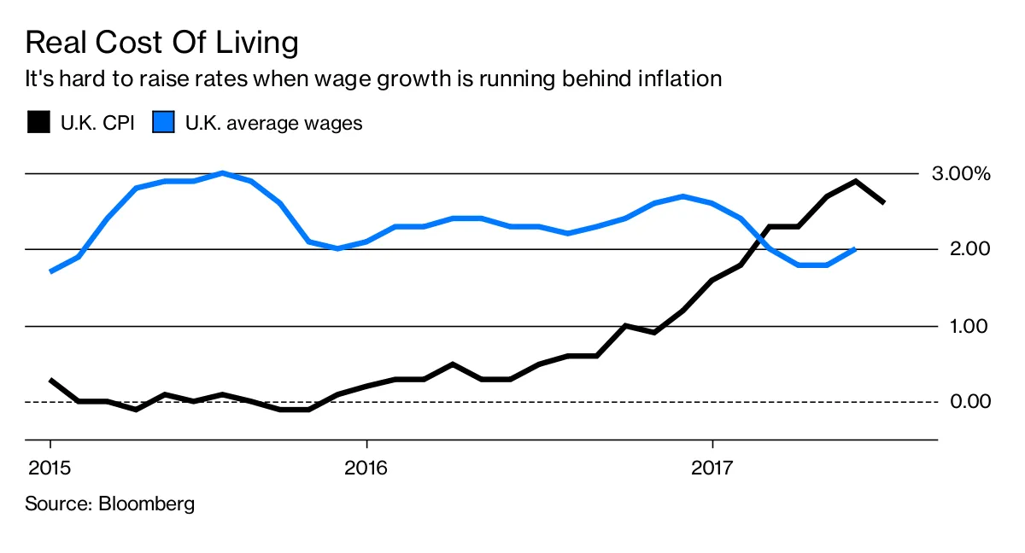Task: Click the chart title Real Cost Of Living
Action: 161,43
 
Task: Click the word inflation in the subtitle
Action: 674,79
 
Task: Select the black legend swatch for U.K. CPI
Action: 38,123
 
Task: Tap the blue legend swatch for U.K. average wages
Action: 163,123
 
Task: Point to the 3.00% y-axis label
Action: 960,174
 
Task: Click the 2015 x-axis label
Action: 50,468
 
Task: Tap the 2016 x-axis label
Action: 366,468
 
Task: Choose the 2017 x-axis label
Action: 712,468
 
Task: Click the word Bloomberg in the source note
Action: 147,504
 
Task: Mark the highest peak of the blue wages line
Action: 222,173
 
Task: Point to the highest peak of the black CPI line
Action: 855,181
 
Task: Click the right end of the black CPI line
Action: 883,202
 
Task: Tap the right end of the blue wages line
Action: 855,249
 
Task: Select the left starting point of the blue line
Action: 51,271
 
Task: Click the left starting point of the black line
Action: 51,380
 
